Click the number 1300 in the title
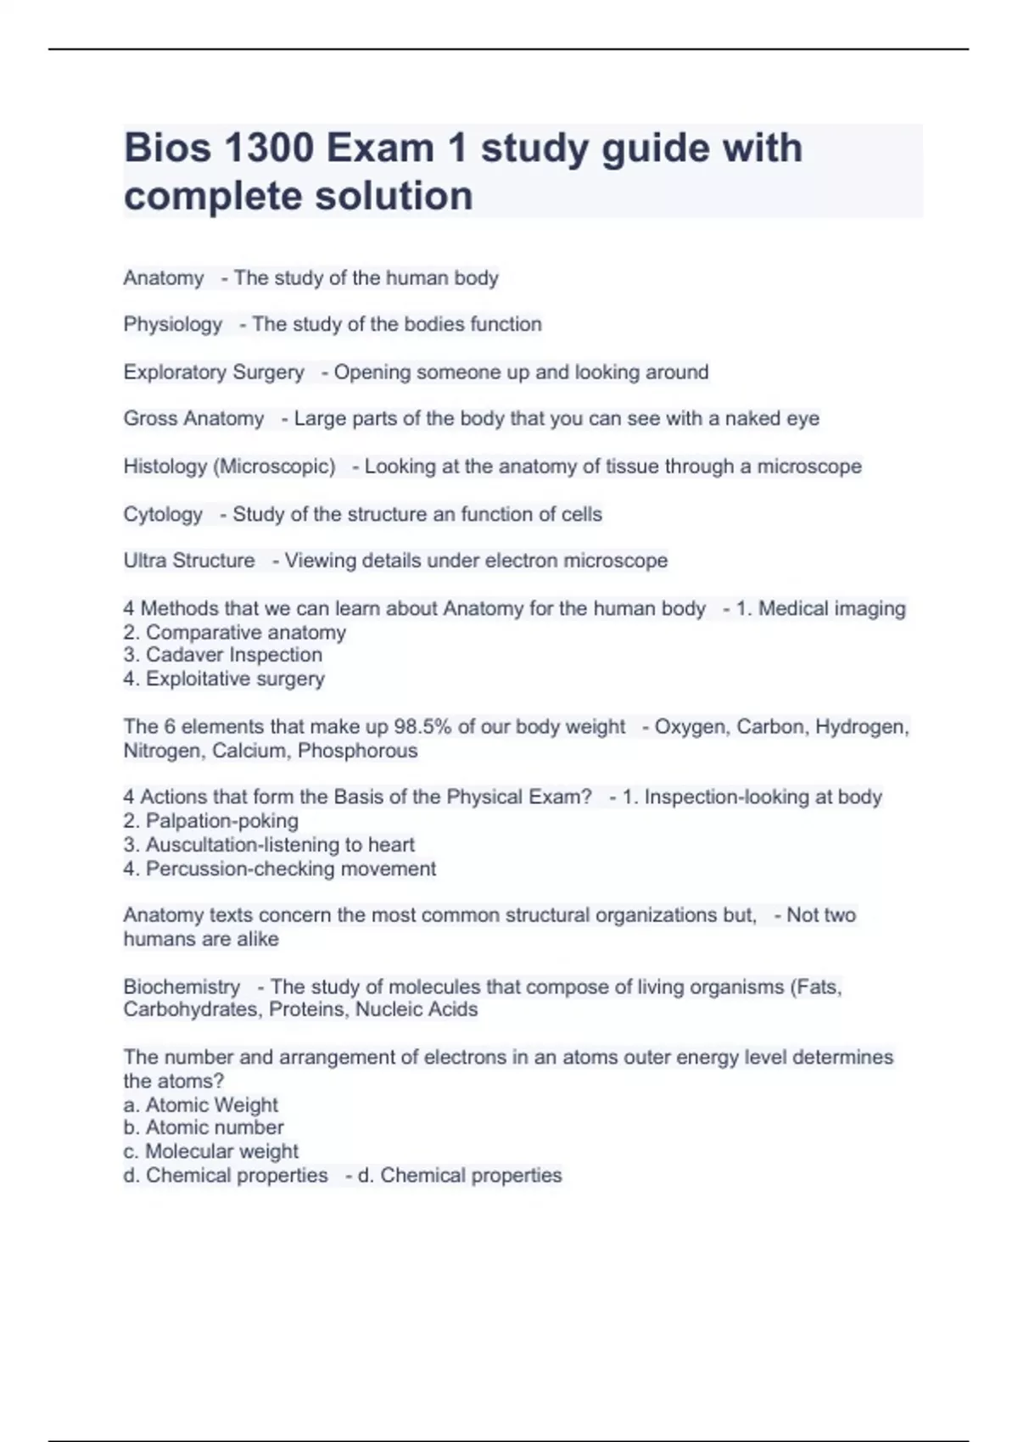tap(269, 148)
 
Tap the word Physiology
tap(172, 324)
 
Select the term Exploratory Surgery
tap(213, 372)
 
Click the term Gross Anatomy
tap(193, 419)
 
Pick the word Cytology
tap(163, 514)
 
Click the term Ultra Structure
tap(188, 561)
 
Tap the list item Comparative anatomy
tap(235, 632)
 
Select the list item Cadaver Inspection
tap(223, 655)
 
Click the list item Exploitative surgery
tap(224, 679)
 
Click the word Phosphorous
tap(357, 751)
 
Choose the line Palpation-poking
tap(211, 821)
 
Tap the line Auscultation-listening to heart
tap(269, 845)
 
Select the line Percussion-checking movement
tap(280, 869)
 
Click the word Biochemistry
tap(182, 986)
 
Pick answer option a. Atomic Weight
tap(201, 1105)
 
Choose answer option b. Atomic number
tap(204, 1127)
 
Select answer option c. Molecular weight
tap(211, 1151)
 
